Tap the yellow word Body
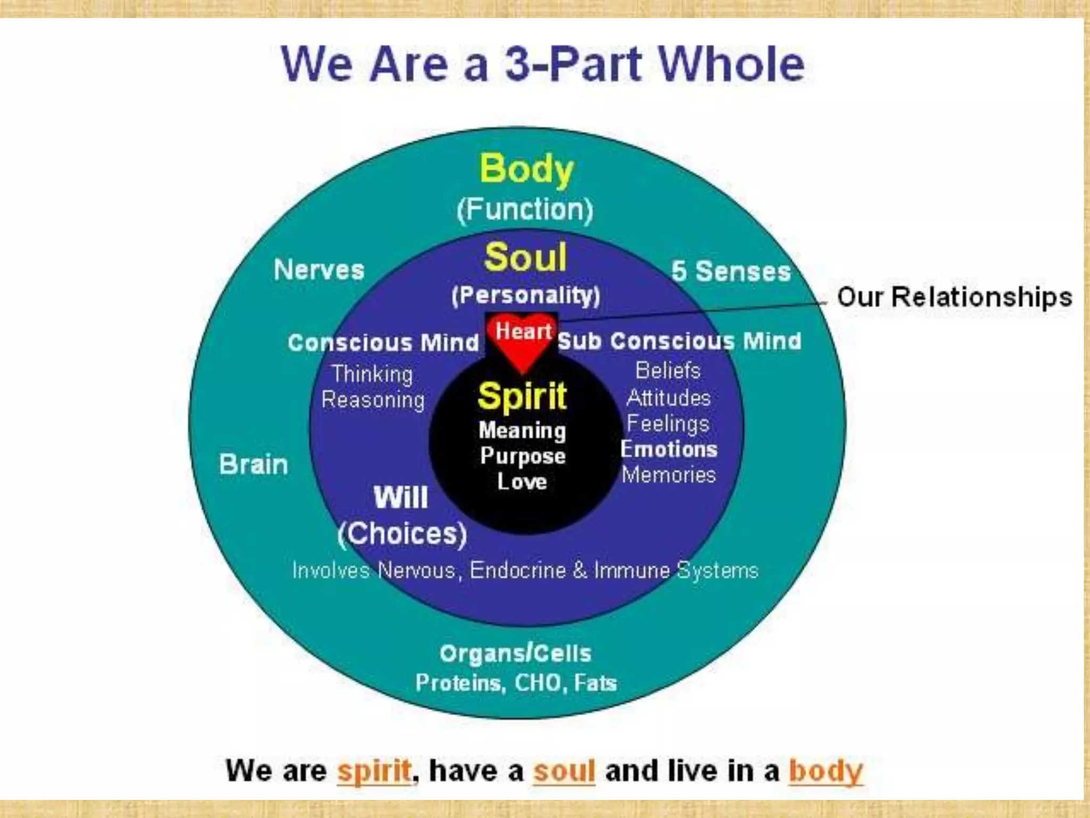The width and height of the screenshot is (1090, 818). click(x=526, y=169)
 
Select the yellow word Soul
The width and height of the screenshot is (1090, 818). click(x=525, y=257)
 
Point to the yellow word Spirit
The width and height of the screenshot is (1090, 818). click(x=522, y=396)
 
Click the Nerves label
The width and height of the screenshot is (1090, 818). click(x=319, y=269)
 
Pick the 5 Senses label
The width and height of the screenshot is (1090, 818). click(x=731, y=271)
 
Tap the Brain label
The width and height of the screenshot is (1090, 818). click(x=253, y=464)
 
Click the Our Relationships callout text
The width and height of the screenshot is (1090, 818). click(x=954, y=297)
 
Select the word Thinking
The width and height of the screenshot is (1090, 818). click(x=373, y=374)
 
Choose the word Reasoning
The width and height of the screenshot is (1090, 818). click(x=373, y=400)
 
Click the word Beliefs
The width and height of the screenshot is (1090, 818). click(x=668, y=371)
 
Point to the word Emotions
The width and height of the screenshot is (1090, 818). click(x=669, y=449)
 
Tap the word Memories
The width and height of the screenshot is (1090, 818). click(x=669, y=475)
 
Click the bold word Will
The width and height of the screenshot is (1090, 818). click(x=401, y=497)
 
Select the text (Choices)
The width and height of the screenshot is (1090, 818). click(x=402, y=533)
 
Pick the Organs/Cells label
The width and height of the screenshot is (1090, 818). click(x=515, y=653)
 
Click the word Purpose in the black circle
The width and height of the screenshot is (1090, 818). click(x=523, y=456)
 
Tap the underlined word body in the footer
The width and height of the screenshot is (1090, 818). click(x=825, y=771)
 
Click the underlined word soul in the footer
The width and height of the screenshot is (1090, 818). click(x=564, y=771)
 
